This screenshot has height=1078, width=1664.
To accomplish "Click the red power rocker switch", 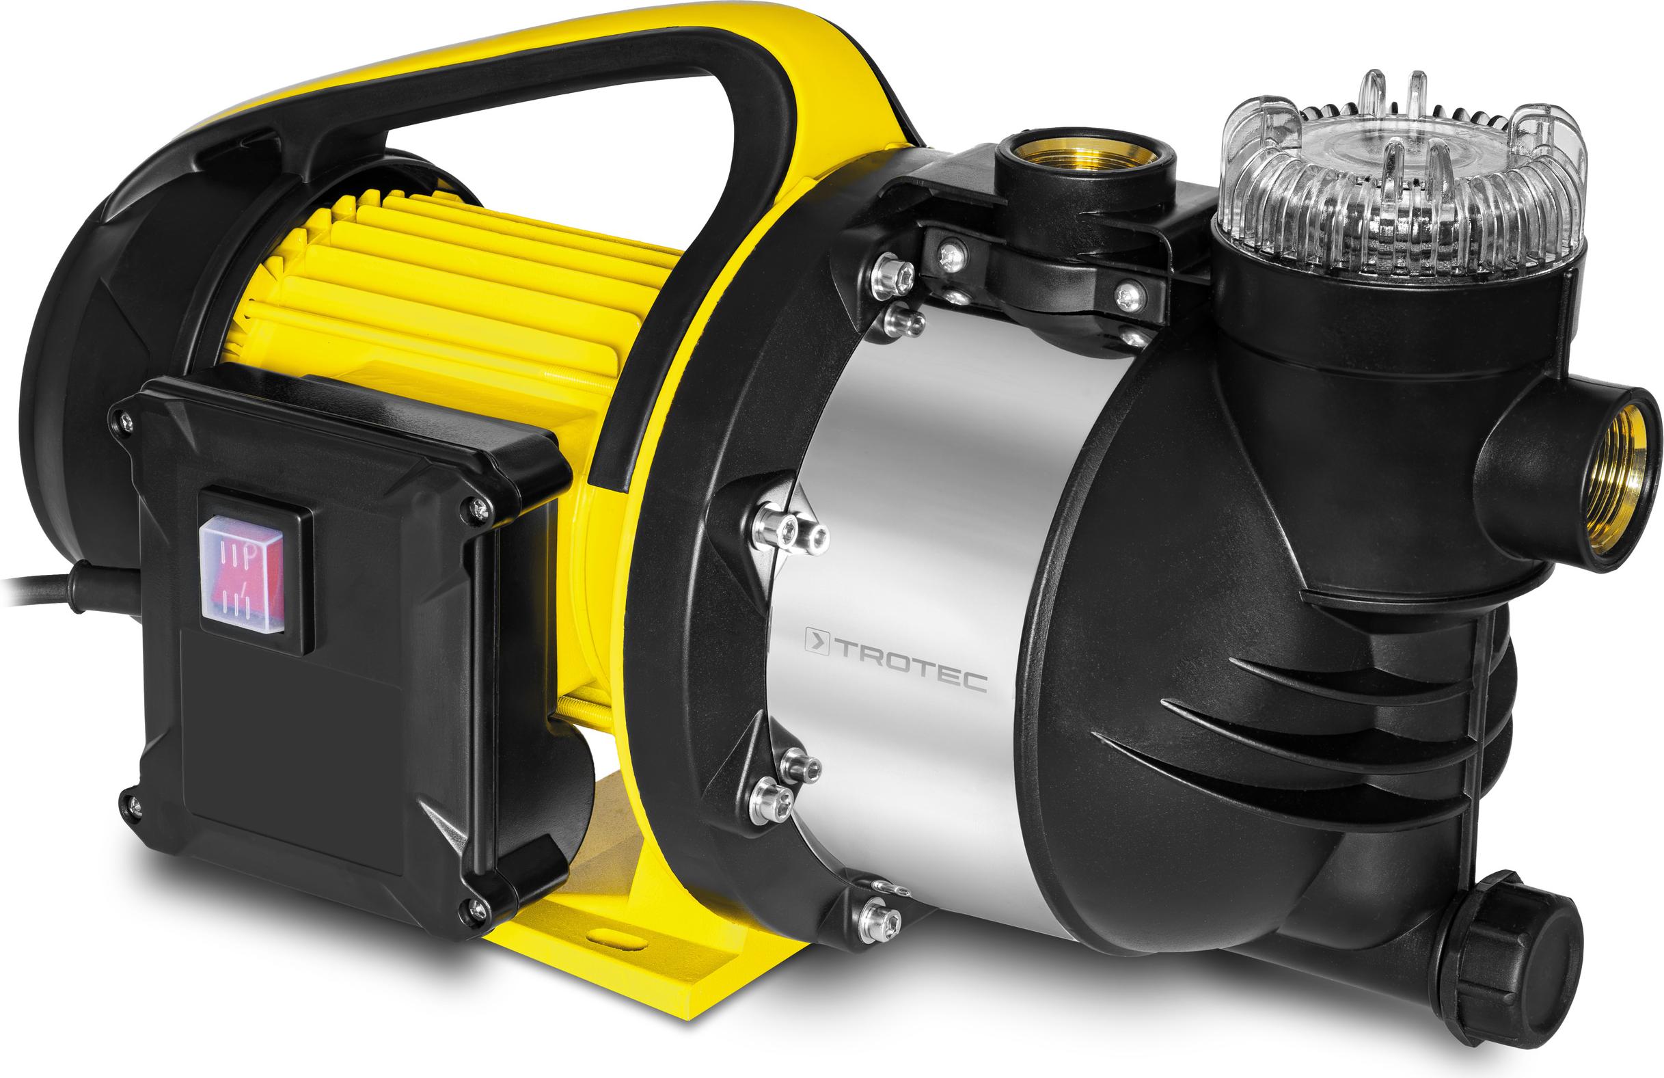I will pos(242,573).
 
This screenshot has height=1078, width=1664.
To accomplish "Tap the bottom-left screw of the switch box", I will pos(131,807).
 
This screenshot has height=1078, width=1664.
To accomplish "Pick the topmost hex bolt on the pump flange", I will pos(891,274).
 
